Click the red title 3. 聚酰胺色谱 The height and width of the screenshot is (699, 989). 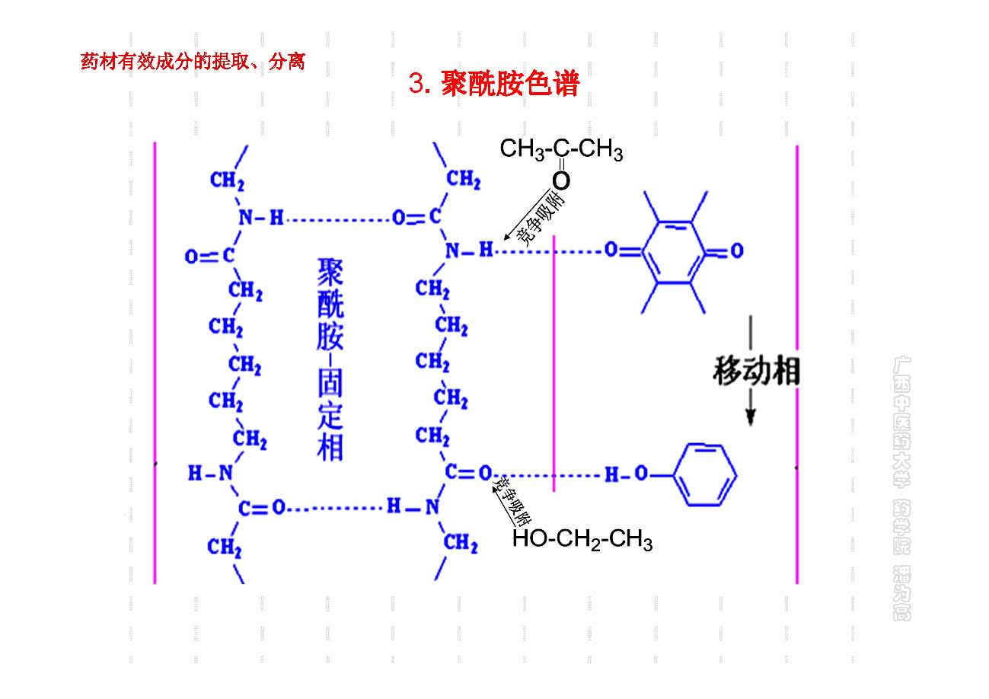pyautogui.click(x=493, y=84)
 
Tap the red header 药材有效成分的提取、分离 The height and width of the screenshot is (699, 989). pyautogui.click(x=193, y=62)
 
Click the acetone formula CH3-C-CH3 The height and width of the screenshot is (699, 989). pyautogui.click(x=561, y=150)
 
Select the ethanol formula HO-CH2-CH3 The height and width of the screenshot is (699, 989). pyautogui.click(x=582, y=541)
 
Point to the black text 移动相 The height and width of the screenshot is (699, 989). pyautogui.click(x=756, y=372)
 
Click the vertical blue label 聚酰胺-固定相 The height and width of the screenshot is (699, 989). pyautogui.click(x=330, y=359)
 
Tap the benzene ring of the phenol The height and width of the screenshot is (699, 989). pyautogui.click(x=707, y=475)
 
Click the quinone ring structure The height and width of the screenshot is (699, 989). pyautogui.click(x=675, y=251)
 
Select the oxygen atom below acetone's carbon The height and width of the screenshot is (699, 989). pyautogui.click(x=561, y=181)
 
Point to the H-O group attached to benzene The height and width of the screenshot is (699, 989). pyautogui.click(x=625, y=476)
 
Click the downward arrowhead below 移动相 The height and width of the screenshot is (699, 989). pyautogui.click(x=750, y=416)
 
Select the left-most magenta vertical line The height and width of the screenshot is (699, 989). pyautogui.click(x=155, y=362)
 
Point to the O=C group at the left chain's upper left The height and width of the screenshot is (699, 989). pyautogui.click(x=209, y=257)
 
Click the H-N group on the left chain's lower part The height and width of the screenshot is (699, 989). pyautogui.click(x=211, y=474)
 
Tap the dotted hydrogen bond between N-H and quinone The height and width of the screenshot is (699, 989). pyautogui.click(x=548, y=250)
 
